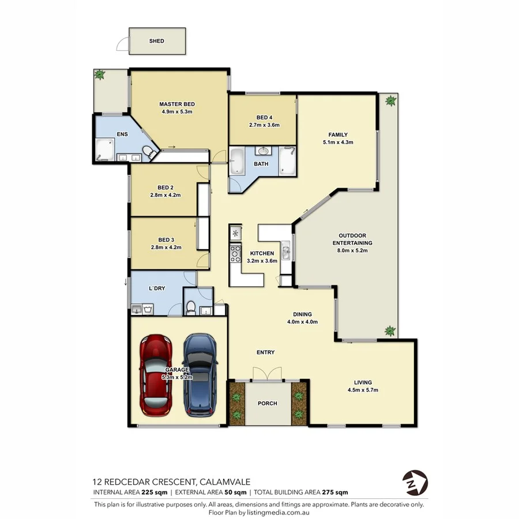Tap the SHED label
157,41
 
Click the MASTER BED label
176,104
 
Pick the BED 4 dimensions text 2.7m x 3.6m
264,125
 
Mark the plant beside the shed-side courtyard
100,74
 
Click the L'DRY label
157,288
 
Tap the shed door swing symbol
122,43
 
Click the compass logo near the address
415,480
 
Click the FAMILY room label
338,134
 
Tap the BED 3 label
166,240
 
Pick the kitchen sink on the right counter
286,251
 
